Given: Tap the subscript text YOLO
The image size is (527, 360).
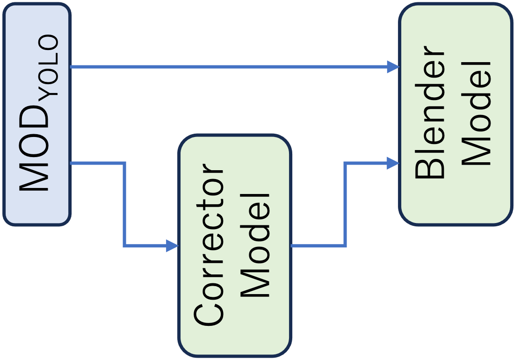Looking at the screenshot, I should (x=49, y=65).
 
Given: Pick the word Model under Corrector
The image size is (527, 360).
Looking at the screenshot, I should (x=255, y=245).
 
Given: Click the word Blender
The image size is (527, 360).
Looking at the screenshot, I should (x=430, y=113).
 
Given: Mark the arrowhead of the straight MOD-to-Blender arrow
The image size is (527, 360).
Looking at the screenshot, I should (x=393, y=67).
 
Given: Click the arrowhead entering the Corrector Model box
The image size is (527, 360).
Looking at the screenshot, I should (x=173, y=245).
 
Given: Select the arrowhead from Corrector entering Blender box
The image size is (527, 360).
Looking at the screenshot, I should (x=393, y=163).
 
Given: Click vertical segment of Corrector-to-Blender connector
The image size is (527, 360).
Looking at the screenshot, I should (x=345, y=204).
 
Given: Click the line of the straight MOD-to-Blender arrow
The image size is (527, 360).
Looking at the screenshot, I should (x=229, y=67).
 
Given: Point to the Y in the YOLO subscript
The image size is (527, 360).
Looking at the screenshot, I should (x=49, y=89).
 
